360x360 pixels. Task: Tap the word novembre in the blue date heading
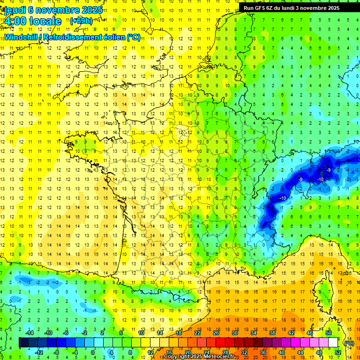pyautogui.click(x=61, y=9)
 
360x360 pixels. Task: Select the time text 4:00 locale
pyautogui.click(x=32, y=21)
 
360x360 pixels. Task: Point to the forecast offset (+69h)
pyautogui.click(x=81, y=21)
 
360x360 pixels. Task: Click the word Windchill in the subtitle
pyautogui.click(x=22, y=37)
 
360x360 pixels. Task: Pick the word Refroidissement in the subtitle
pyautogui.click(x=73, y=37)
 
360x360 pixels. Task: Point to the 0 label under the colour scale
pyautogui.click(x=92, y=352)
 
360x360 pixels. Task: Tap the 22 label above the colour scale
pyautogui.click(x=197, y=333)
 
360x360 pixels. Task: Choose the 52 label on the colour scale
pyautogui.click(x=337, y=352)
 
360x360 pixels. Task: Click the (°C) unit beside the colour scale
pyautogui.click(x=349, y=343)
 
